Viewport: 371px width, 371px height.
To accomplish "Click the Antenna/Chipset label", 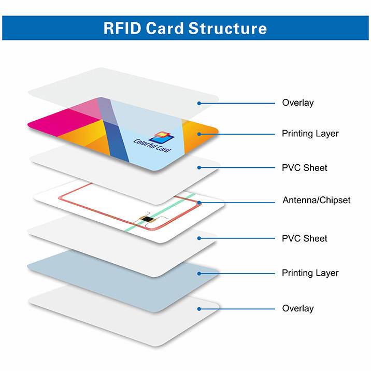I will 316,200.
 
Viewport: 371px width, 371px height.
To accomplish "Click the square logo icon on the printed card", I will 161,137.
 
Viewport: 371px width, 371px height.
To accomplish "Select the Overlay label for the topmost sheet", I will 297,103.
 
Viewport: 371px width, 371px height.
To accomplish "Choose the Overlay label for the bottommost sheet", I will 297,308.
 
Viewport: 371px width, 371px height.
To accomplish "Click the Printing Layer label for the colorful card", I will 310,134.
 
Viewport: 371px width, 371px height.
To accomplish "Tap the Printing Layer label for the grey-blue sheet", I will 310,273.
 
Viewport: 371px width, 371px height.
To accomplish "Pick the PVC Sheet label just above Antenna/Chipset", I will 305,168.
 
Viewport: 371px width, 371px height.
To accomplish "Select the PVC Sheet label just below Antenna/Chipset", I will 305,238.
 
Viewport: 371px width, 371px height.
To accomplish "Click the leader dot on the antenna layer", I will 198,202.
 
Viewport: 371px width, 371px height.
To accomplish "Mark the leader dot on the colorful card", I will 199,134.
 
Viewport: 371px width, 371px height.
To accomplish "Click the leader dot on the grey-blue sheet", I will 199,273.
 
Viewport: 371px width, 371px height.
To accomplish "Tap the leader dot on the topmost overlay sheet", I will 199,103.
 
